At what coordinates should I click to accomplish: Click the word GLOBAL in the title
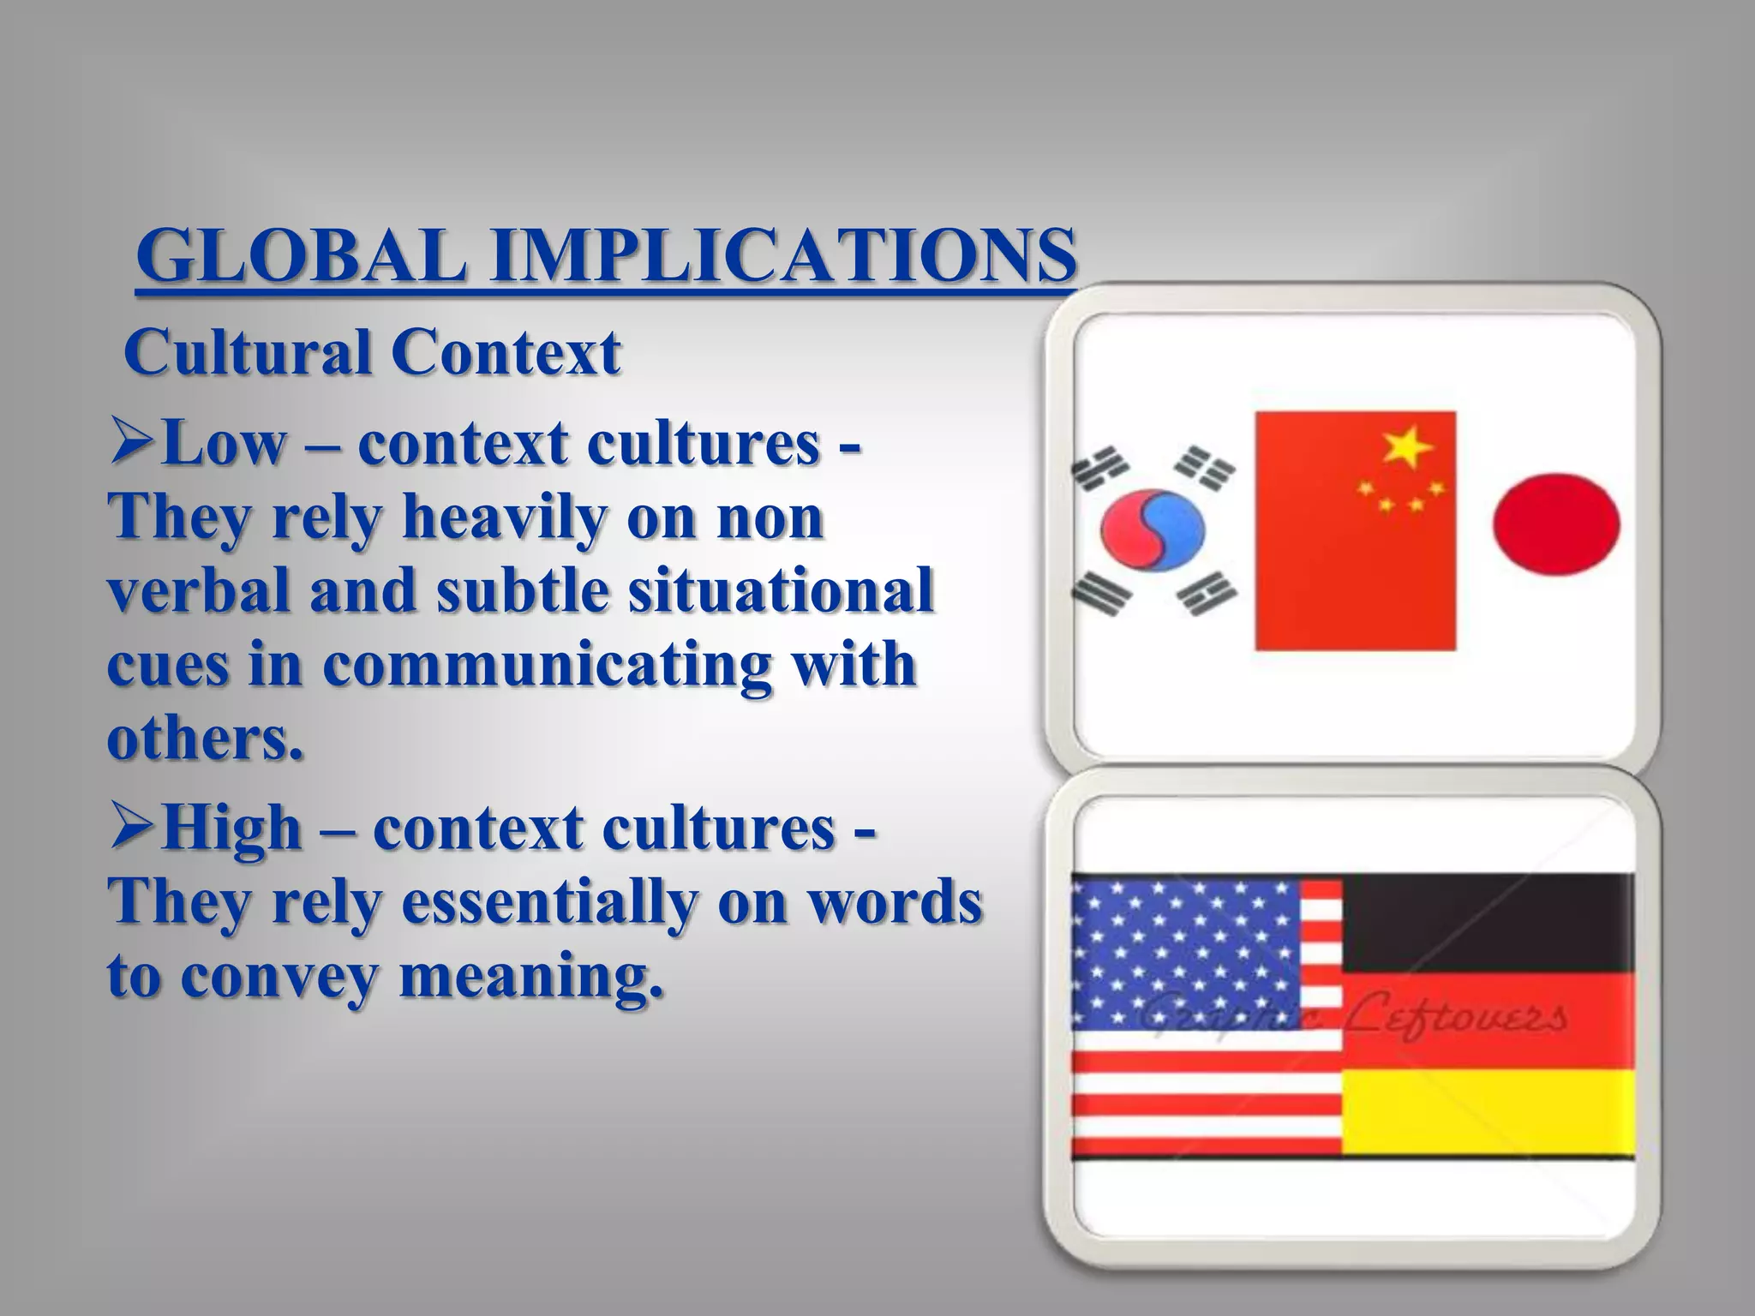pos(302,255)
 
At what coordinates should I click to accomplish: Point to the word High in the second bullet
pos(231,828)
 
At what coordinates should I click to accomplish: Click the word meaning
pos(531,977)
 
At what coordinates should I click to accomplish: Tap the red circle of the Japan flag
pos(1556,523)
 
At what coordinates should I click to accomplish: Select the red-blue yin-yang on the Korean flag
pos(1153,531)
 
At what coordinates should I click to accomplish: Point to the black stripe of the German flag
pos(1487,923)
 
